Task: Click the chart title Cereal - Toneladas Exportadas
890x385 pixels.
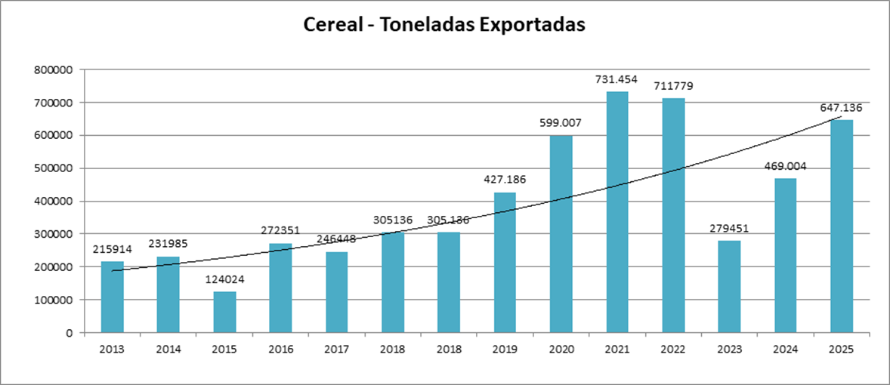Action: [x=444, y=24]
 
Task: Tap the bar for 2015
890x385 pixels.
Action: [x=224, y=312]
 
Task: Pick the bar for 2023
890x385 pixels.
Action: [x=729, y=286]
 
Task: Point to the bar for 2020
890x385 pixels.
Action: [x=561, y=234]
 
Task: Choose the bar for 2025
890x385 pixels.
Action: [x=842, y=226]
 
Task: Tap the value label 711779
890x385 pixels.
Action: [x=673, y=86]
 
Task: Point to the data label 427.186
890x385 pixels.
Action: [x=505, y=180]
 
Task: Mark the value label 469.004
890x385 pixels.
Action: [x=785, y=166]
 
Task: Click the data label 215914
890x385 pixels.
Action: [x=113, y=249]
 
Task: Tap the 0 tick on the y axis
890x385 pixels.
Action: [x=69, y=333]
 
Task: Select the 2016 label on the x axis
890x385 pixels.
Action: [x=280, y=350]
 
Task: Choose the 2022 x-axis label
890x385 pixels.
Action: [x=673, y=350]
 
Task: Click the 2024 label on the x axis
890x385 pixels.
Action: [x=785, y=350]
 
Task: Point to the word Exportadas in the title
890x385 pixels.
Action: [x=530, y=24]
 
